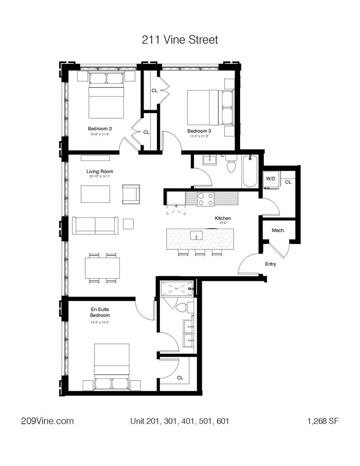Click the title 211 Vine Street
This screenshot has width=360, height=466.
pyautogui.click(x=180, y=40)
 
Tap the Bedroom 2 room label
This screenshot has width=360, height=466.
pyautogui.click(x=100, y=129)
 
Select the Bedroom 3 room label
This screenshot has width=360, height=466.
pyautogui.click(x=199, y=131)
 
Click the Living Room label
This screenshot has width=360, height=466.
pyautogui.click(x=100, y=171)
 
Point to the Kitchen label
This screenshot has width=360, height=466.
pyautogui.click(x=223, y=219)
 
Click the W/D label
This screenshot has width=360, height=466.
pyautogui.click(x=270, y=178)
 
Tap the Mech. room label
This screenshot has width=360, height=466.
pyautogui.click(x=278, y=230)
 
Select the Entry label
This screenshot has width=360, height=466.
pyautogui.click(x=271, y=264)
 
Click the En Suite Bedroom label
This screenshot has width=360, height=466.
pyautogui.click(x=100, y=312)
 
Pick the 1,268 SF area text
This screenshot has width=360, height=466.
pyautogui.click(x=321, y=421)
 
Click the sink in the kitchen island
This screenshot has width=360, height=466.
pyautogui.click(x=197, y=236)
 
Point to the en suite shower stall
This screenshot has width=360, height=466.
pyautogui.click(x=176, y=288)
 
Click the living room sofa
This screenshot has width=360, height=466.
pyautogui.click(x=95, y=225)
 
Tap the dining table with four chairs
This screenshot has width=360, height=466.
pyautogui.click(x=102, y=268)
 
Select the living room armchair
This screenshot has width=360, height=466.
pyautogui.click(x=131, y=194)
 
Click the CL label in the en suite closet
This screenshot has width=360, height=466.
pyautogui.click(x=180, y=378)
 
